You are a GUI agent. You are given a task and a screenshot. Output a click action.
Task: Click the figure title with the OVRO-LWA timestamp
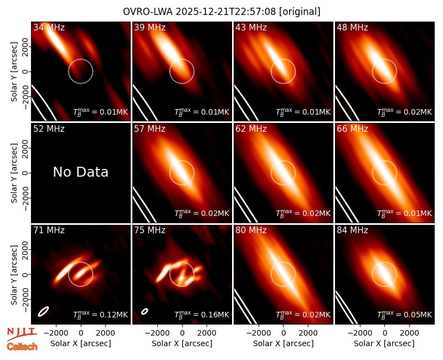(x=221, y=12)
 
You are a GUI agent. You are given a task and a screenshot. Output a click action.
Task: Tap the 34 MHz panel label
(x=49, y=27)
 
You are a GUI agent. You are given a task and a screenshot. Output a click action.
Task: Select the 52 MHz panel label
(x=49, y=129)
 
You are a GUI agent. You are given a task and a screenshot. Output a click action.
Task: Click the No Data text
(x=80, y=172)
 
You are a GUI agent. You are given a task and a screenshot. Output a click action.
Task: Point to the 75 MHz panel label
(x=150, y=230)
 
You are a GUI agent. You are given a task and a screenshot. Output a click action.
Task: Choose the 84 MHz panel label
(x=352, y=230)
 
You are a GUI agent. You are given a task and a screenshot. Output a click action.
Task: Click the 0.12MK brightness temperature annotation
(x=101, y=314)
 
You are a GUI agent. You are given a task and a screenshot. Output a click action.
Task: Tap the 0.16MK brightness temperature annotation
(x=202, y=314)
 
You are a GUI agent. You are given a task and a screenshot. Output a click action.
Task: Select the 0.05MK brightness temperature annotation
(x=404, y=314)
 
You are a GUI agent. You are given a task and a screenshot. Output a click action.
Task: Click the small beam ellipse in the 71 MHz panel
(x=44, y=311)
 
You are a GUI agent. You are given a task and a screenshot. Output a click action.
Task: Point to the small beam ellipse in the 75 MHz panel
(x=145, y=311)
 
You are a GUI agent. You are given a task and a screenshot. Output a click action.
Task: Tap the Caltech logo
(x=22, y=347)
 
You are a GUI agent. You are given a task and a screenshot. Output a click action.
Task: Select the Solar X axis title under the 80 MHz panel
(x=283, y=343)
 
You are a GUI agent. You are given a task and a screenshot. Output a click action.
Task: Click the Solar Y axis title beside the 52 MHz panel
(x=14, y=173)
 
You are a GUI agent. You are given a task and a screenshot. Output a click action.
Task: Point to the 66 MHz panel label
(x=352, y=129)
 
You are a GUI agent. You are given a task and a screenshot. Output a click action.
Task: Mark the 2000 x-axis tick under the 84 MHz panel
(x=409, y=333)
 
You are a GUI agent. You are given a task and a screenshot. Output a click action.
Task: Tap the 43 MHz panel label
(x=251, y=27)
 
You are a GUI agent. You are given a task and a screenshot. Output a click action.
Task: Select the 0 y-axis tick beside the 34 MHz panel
(x=25, y=71)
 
